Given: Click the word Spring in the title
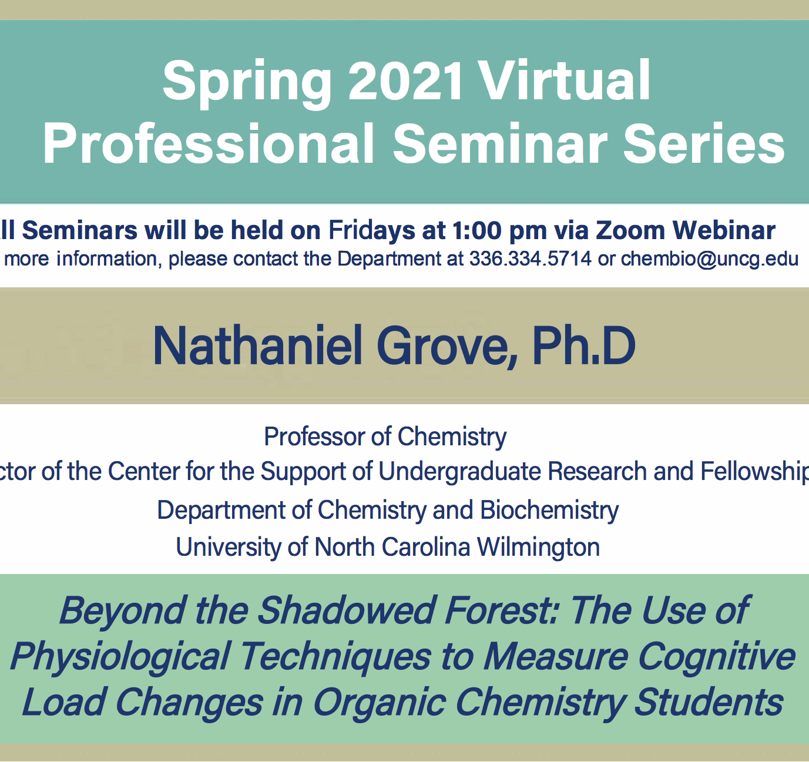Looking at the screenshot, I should point(247,82).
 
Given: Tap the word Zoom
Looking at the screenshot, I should point(630,230).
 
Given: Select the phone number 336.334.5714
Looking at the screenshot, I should point(530,259).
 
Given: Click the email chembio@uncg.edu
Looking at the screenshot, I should point(710,259).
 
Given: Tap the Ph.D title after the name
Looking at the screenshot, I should point(583,346).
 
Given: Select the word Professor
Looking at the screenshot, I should point(314,437).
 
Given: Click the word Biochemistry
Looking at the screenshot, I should point(549,510).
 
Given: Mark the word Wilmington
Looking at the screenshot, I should point(538,547).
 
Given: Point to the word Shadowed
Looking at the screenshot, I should point(347,610).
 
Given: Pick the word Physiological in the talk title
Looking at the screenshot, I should point(120,657).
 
